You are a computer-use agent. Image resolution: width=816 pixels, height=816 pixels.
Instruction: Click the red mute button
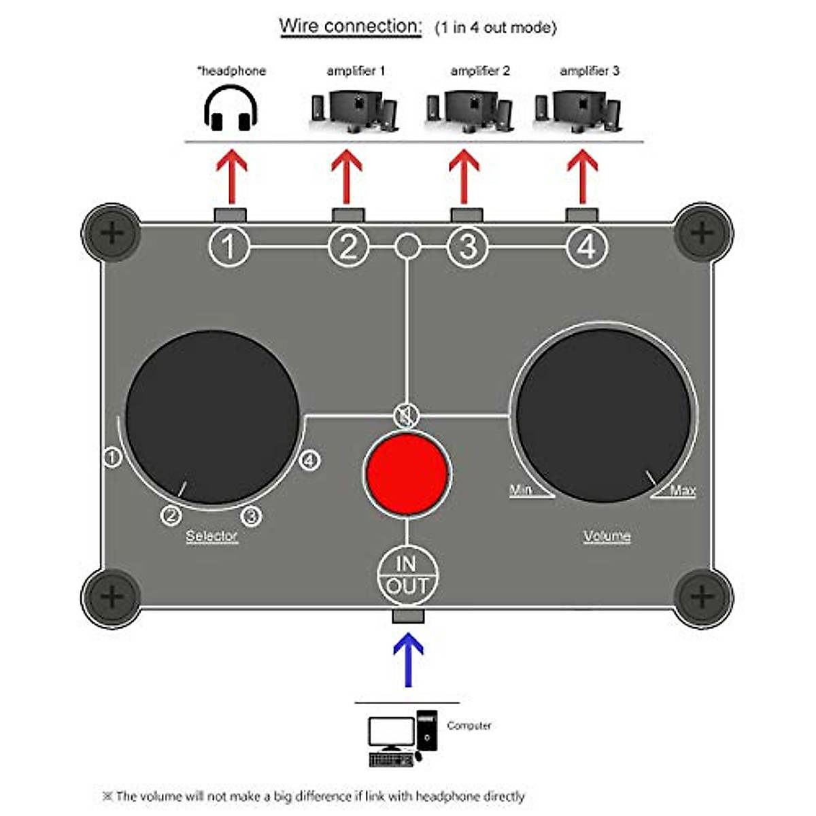(x=407, y=473)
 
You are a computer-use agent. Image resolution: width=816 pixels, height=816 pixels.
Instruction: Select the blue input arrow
(x=408, y=660)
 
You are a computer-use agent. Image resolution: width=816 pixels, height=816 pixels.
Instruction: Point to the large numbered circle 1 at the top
(x=229, y=246)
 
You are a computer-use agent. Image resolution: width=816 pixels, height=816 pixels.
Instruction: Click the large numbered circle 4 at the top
(x=587, y=246)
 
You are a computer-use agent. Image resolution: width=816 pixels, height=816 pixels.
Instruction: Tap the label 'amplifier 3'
(x=589, y=71)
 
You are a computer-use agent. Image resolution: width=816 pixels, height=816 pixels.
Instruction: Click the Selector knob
(x=212, y=418)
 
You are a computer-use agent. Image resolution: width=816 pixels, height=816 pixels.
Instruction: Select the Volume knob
(x=603, y=415)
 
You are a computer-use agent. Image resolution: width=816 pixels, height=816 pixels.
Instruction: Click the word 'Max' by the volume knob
(x=683, y=490)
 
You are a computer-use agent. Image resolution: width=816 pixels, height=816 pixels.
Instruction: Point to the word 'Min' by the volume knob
(x=521, y=490)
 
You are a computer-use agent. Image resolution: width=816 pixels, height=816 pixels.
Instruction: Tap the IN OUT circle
(x=407, y=575)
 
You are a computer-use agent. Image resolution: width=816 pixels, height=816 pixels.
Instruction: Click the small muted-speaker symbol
(x=406, y=415)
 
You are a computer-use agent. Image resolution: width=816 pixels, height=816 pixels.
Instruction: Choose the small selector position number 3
(x=252, y=516)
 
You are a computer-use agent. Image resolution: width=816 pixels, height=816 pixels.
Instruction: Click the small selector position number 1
(x=112, y=456)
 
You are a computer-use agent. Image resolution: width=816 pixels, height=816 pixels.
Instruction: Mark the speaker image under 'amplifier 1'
(x=354, y=111)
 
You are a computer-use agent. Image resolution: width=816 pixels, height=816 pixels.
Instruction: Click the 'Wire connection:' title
(x=350, y=27)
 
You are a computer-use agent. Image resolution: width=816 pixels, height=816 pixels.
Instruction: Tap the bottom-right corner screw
(x=702, y=597)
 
